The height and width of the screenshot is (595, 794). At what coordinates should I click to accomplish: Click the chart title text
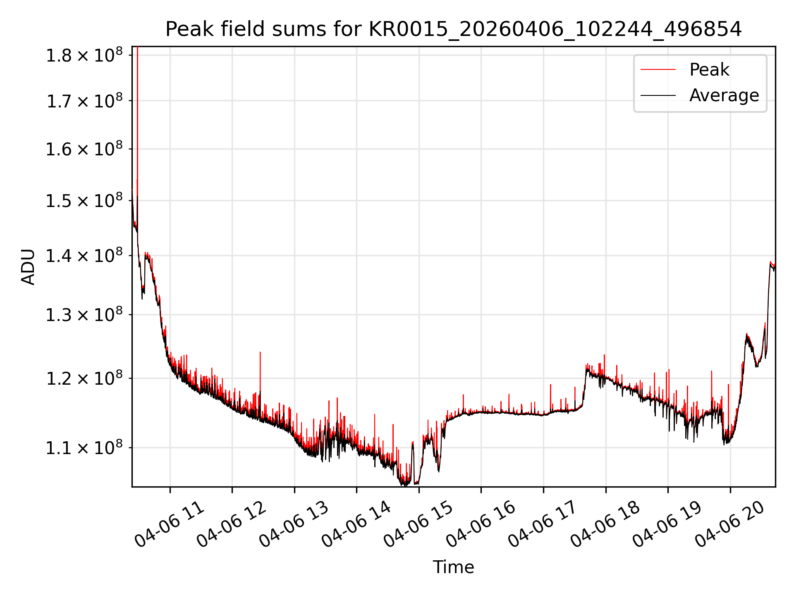[x=453, y=29]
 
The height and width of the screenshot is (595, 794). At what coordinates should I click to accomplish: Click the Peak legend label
[x=709, y=70]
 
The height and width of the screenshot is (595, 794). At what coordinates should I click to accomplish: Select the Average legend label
[x=724, y=95]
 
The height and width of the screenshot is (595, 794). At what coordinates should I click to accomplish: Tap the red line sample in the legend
[x=658, y=70]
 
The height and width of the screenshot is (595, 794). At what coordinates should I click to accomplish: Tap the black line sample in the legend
[x=658, y=95]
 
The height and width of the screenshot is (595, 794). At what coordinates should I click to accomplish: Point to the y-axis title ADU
[x=28, y=267]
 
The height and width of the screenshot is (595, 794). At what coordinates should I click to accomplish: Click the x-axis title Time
[x=453, y=567]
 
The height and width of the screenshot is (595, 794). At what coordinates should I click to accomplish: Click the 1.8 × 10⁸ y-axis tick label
[x=84, y=55]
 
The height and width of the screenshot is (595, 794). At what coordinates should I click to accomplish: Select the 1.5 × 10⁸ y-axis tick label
[x=84, y=201]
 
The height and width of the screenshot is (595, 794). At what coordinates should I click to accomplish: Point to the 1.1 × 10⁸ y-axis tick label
[x=84, y=447]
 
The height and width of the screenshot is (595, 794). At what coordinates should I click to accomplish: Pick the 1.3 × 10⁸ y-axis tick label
[x=84, y=315]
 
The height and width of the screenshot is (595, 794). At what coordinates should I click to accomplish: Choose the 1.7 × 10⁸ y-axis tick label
[x=84, y=101]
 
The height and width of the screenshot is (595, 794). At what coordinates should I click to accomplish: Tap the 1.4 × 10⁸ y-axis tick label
[x=84, y=256]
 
